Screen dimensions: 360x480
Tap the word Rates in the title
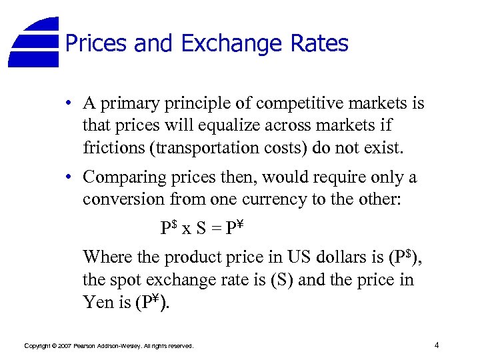319,44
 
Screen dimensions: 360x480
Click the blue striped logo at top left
35,42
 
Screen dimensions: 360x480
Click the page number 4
436,345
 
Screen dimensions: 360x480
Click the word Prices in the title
97,44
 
